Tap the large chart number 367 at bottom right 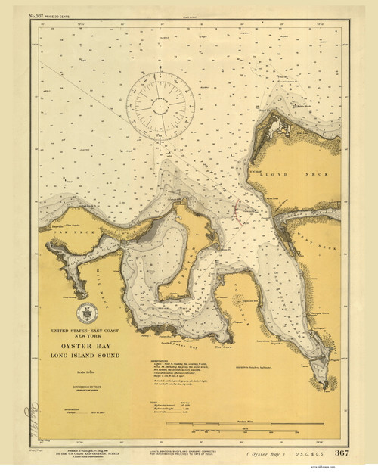341,453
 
